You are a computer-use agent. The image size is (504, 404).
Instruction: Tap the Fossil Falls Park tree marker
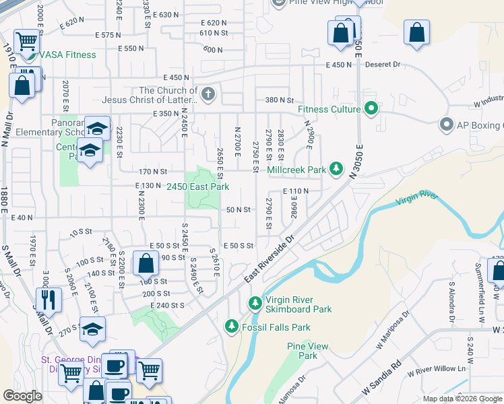pyautogui.click(x=231, y=327)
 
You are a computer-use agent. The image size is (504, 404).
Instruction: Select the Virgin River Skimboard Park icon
pyautogui.click(x=255, y=304)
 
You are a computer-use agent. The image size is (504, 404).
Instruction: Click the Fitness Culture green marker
pyautogui.click(x=370, y=108)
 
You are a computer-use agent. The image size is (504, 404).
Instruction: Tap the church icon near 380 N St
pyautogui.click(x=208, y=94)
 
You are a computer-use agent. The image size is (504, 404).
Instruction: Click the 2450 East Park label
pyautogui.click(x=199, y=187)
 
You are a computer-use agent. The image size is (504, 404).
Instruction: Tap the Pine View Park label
pyautogui.click(x=307, y=351)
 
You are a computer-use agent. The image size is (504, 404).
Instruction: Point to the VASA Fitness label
pyautogui.click(x=67, y=55)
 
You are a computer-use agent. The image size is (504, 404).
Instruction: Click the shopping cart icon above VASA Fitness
pyautogui.click(x=26, y=42)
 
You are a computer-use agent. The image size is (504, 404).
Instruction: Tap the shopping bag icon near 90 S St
pyautogui.click(x=146, y=263)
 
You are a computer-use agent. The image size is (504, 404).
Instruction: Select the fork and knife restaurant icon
pyautogui.click(x=46, y=298)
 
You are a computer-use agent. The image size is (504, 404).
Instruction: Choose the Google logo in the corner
pyautogui.click(x=22, y=396)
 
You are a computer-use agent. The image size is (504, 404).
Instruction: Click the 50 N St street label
pyautogui.click(x=239, y=210)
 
